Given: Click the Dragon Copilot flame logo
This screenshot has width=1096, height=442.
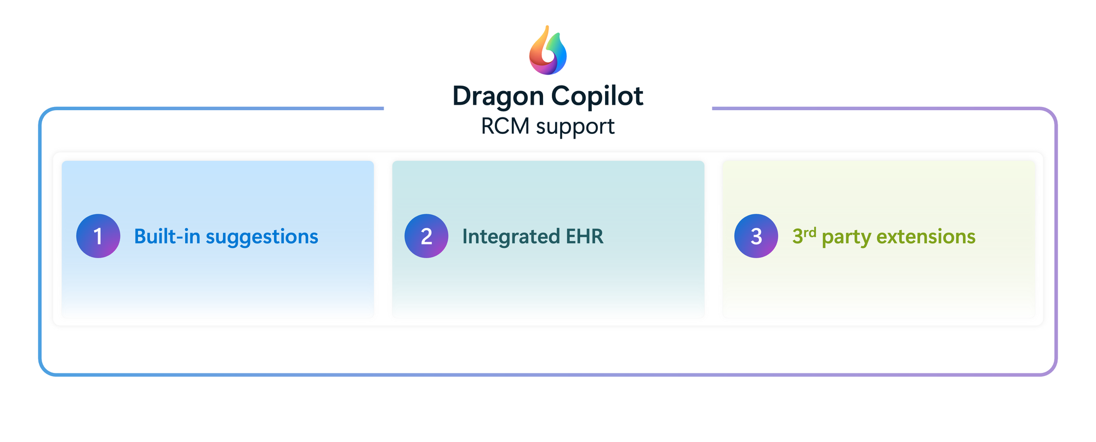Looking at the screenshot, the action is click(x=548, y=50).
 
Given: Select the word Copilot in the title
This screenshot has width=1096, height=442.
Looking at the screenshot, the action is click(x=597, y=97).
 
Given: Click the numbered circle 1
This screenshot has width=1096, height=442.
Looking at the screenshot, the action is click(x=98, y=236).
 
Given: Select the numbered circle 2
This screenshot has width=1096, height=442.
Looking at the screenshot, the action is click(x=426, y=236).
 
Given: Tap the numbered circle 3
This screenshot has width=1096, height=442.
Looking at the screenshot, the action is click(x=756, y=236).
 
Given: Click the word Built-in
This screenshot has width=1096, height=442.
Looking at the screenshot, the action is click(x=167, y=236).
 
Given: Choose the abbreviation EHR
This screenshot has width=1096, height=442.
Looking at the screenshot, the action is click(x=585, y=236).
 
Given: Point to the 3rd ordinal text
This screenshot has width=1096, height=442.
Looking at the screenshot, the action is click(x=804, y=235).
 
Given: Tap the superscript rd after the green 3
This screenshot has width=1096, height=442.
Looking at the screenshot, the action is click(x=810, y=232).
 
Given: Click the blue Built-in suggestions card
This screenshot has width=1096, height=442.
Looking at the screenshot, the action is click(x=218, y=239).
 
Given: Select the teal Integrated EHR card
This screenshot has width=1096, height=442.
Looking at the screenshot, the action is click(x=548, y=239).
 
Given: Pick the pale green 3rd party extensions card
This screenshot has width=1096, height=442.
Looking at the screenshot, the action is click(x=879, y=239).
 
